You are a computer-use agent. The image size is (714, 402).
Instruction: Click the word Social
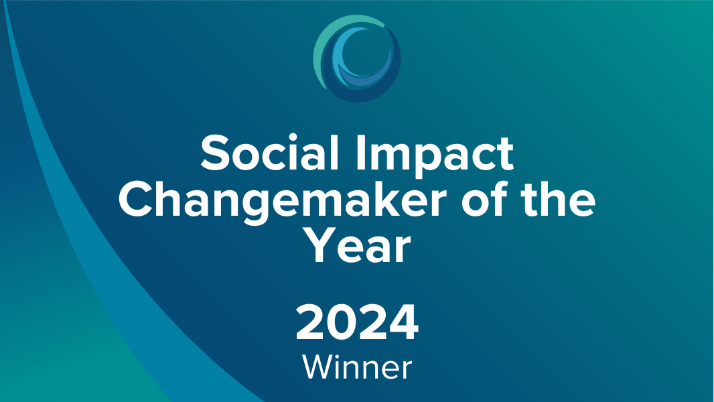[x=269, y=153]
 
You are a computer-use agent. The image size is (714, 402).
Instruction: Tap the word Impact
[x=435, y=156]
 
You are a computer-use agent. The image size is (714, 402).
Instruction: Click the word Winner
[x=357, y=367]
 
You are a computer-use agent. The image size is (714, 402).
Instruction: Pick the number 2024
[x=357, y=322]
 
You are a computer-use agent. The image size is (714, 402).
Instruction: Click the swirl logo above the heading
[x=358, y=58]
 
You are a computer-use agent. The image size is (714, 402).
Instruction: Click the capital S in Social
[x=216, y=153]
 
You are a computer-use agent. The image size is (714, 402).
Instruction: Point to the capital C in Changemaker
[x=136, y=200]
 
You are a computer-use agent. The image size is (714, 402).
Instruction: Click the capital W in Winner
[x=320, y=367]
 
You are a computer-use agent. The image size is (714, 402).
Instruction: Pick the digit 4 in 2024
[x=403, y=322]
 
